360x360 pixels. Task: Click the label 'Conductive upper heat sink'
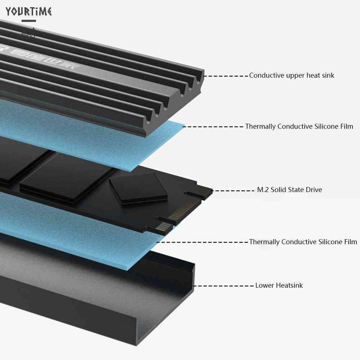[292, 76]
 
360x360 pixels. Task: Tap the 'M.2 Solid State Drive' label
[290, 190]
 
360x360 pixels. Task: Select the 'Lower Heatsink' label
[279, 286]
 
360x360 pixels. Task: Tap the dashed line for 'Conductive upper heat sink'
[227, 76]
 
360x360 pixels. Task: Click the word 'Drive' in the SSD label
[313, 190]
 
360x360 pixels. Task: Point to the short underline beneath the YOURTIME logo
[29, 21]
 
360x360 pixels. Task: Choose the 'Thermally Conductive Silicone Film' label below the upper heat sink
[299, 127]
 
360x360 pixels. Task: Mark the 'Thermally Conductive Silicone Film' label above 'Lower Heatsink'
[303, 242]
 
